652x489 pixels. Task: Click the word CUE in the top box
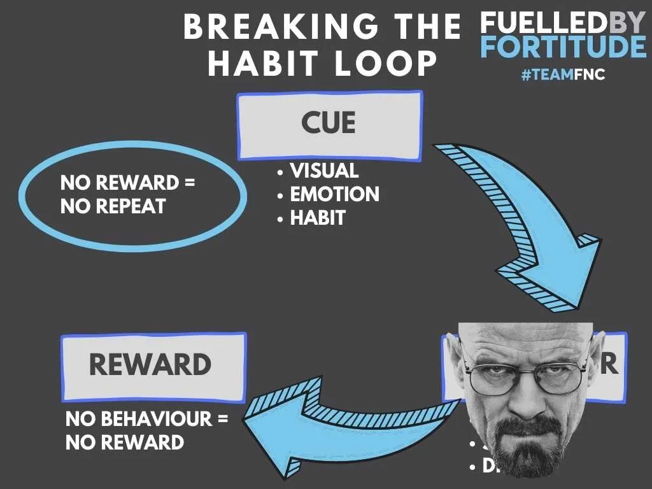click(x=329, y=123)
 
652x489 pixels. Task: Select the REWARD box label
click(x=150, y=365)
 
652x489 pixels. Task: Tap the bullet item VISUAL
click(x=324, y=171)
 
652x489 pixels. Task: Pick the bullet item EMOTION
click(x=334, y=194)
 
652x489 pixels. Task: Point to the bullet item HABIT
click(x=317, y=218)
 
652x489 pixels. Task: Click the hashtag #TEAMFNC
click(x=563, y=75)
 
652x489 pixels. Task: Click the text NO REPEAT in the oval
click(x=113, y=206)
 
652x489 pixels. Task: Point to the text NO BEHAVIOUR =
click(x=146, y=419)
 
